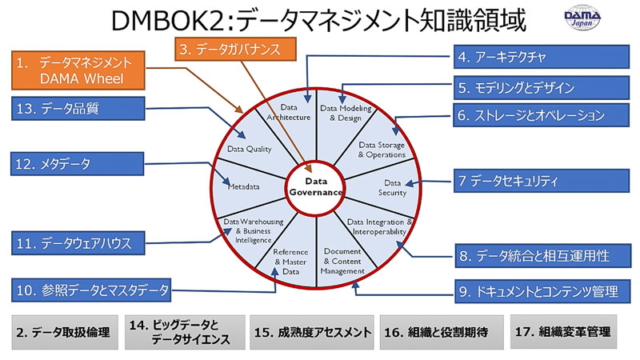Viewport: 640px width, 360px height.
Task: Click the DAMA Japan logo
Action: coord(582,18)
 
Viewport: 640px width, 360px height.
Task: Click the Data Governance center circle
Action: coord(316,187)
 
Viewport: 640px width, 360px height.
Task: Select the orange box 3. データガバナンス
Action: coord(235,50)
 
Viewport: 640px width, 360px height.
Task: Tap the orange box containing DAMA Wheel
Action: coord(78,70)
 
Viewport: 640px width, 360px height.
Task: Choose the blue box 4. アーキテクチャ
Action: coord(542,57)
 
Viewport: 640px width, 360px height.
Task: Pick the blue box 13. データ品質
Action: coord(78,109)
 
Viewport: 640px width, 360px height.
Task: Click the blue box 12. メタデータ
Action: coord(77,164)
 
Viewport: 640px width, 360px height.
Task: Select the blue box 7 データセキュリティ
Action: coord(542,181)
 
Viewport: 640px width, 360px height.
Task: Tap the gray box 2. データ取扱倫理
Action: coord(65,332)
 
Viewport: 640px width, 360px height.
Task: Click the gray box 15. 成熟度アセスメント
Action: coord(312,332)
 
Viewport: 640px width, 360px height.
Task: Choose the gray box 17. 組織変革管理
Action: coord(563,331)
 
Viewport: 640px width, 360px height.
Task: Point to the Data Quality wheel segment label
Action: coord(249,149)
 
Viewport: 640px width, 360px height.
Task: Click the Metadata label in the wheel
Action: coord(244,187)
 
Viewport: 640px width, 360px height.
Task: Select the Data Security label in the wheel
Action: coord(392,188)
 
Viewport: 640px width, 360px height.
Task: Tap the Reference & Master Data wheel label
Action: coord(290,262)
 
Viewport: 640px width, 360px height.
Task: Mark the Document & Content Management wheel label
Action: coord(342,262)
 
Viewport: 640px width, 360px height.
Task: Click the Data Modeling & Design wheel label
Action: coord(346,113)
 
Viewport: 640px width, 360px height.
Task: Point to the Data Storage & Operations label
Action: coord(382,150)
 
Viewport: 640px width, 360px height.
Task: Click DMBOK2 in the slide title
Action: coord(167,21)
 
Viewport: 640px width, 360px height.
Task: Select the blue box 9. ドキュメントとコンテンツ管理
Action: coord(543,291)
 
